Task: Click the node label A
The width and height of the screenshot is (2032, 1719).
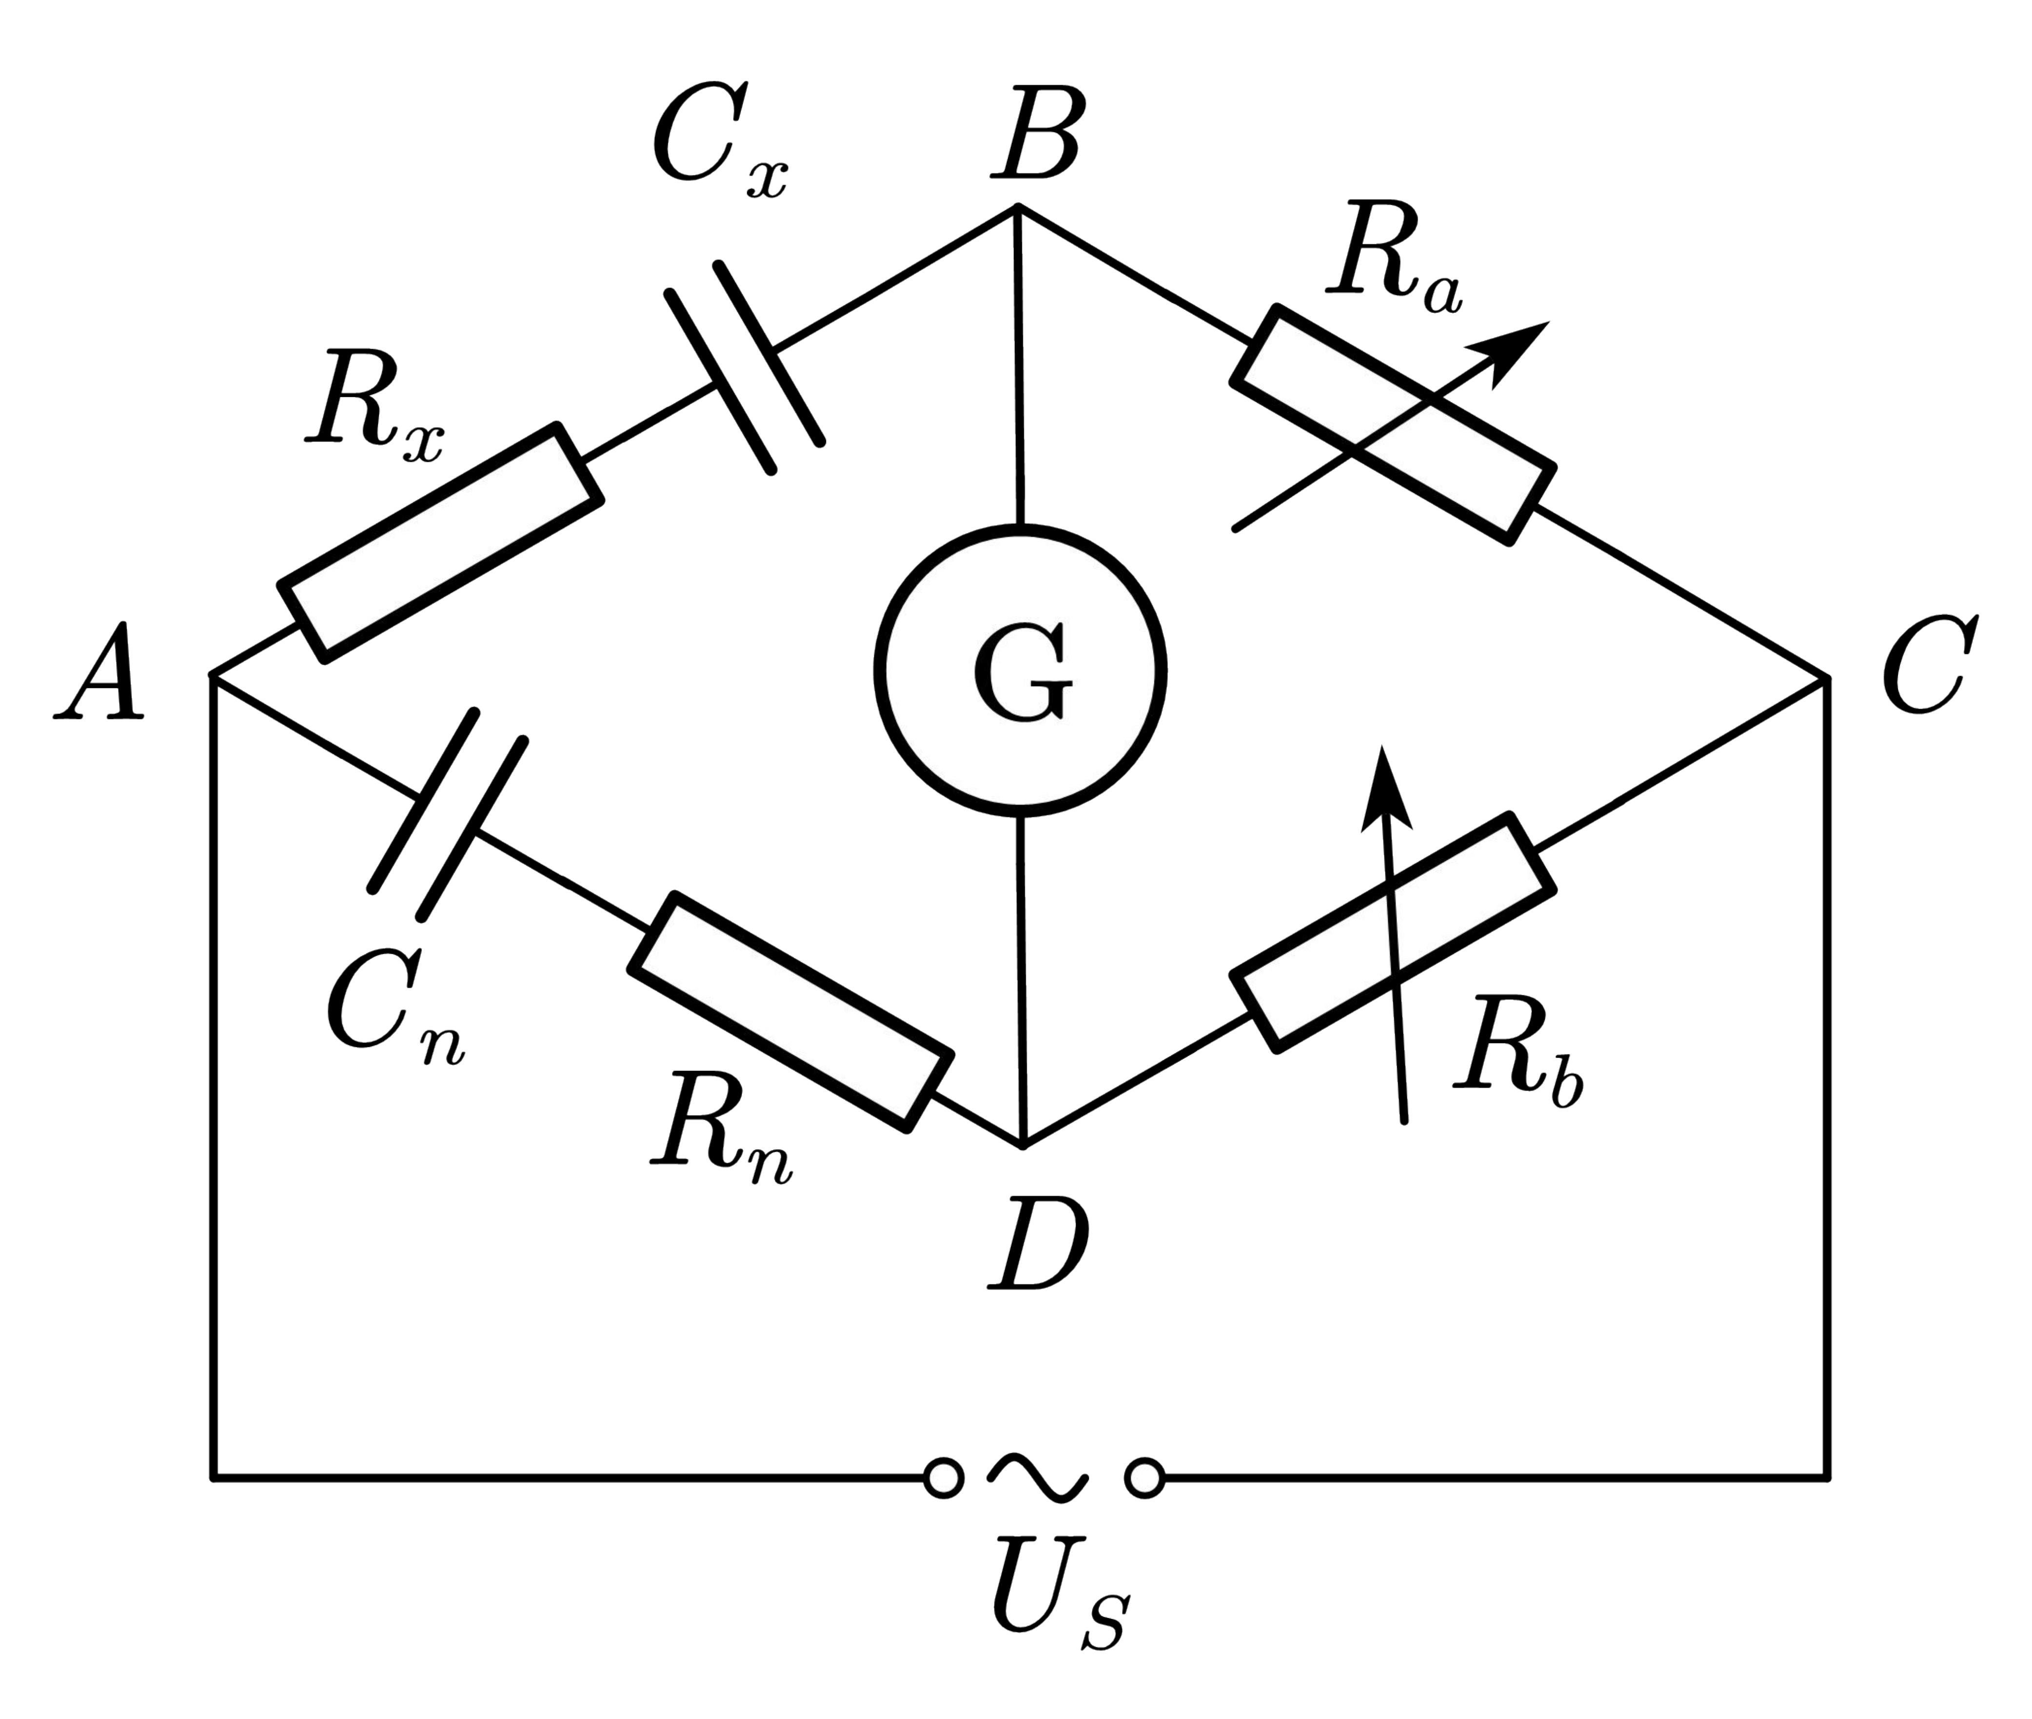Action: (99, 674)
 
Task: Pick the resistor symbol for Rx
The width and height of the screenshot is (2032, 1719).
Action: (440, 543)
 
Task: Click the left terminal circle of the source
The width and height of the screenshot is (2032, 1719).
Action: (943, 1478)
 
